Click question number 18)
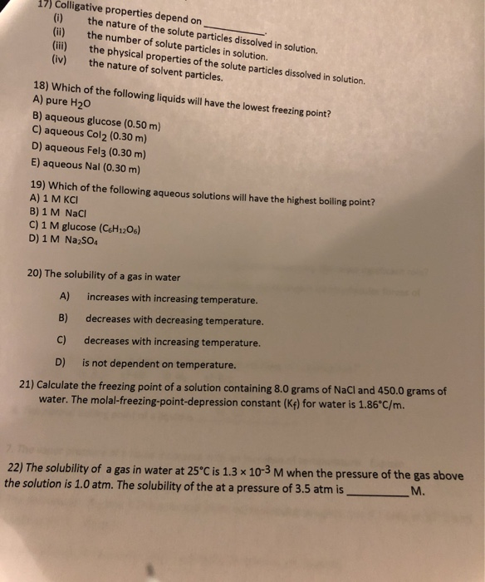pyautogui.click(x=40, y=86)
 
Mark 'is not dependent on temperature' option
pyautogui.click(x=159, y=364)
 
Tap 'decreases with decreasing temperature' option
pyautogui.click(x=174, y=320)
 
